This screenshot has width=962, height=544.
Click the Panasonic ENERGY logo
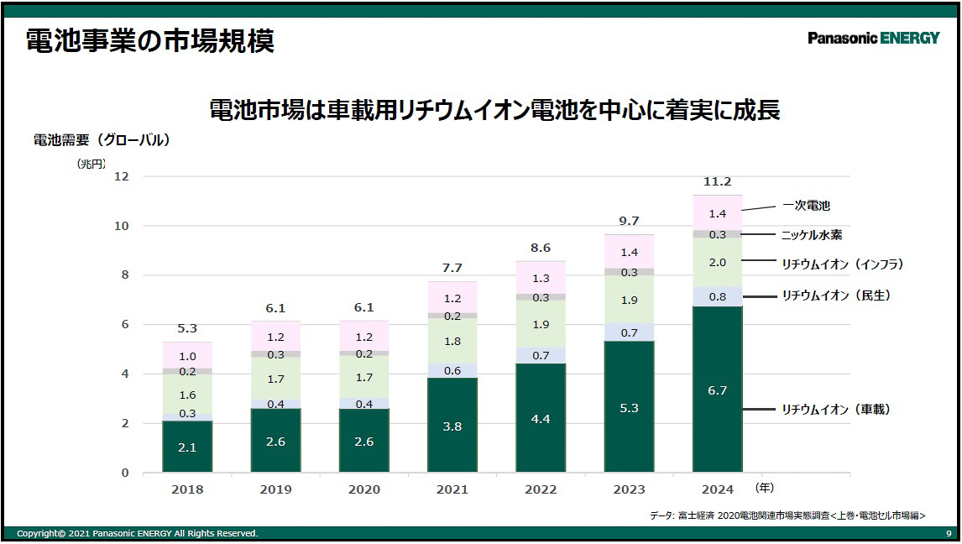pyautogui.click(x=873, y=38)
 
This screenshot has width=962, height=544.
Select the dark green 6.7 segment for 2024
pyautogui.click(x=717, y=390)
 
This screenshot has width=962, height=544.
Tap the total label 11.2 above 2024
pyautogui.click(x=717, y=182)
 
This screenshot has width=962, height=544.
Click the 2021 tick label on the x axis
pyautogui.click(x=452, y=489)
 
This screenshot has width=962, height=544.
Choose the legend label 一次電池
pyautogui.click(x=806, y=206)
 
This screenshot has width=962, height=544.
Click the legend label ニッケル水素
pyautogui.click(x=812, y=236)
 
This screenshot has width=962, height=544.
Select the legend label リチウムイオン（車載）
pyautogui.click(x=835, y=410)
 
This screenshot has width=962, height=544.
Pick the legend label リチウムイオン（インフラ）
pyautogui.click(x=842, y=264)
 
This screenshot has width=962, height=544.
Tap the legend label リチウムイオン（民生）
pyautogui.click(x=835, y=296)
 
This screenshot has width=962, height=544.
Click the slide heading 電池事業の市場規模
pyautogui.click(x=150, y=40)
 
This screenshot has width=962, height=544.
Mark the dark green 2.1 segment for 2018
pyautogui.click(x=187, y=447)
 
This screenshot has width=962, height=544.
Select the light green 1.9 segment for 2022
pyautogui.click(x=541, y=324)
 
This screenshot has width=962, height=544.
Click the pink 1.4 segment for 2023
pyautogui.click(x=629, y=252)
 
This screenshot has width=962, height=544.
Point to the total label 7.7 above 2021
pyautogui.click(x=452, y=269)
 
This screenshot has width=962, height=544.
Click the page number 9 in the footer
pyautogui.click(x=949, y=534)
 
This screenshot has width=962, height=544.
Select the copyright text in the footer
pyautogui.click(x=138, y=534)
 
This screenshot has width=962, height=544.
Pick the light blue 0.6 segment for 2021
pyautogui.click(x=452, y=370)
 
